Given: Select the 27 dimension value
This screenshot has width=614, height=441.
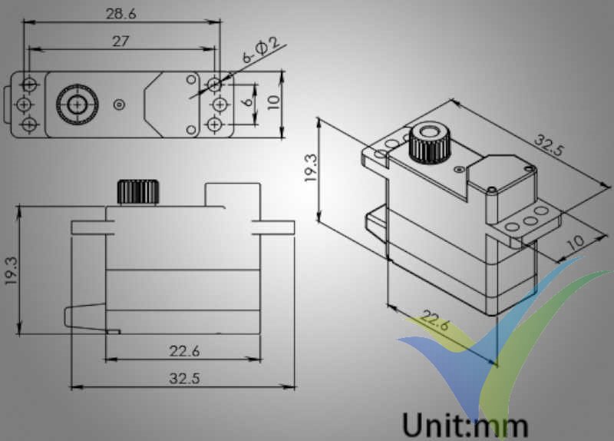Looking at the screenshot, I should click(x=120, y=41).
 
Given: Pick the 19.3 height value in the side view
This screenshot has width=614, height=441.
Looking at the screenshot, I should click(x=10, y=270).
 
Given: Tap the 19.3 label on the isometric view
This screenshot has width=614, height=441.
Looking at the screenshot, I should click(x=309, y=167).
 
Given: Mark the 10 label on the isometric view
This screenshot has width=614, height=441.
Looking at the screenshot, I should click(x=576, y=240).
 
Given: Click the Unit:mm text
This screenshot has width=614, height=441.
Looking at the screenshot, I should click(x=465, y=425).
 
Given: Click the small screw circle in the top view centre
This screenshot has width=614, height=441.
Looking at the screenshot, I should click(x=118, y=104).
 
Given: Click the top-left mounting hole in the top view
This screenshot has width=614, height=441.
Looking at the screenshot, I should click(x=29, y=82).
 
